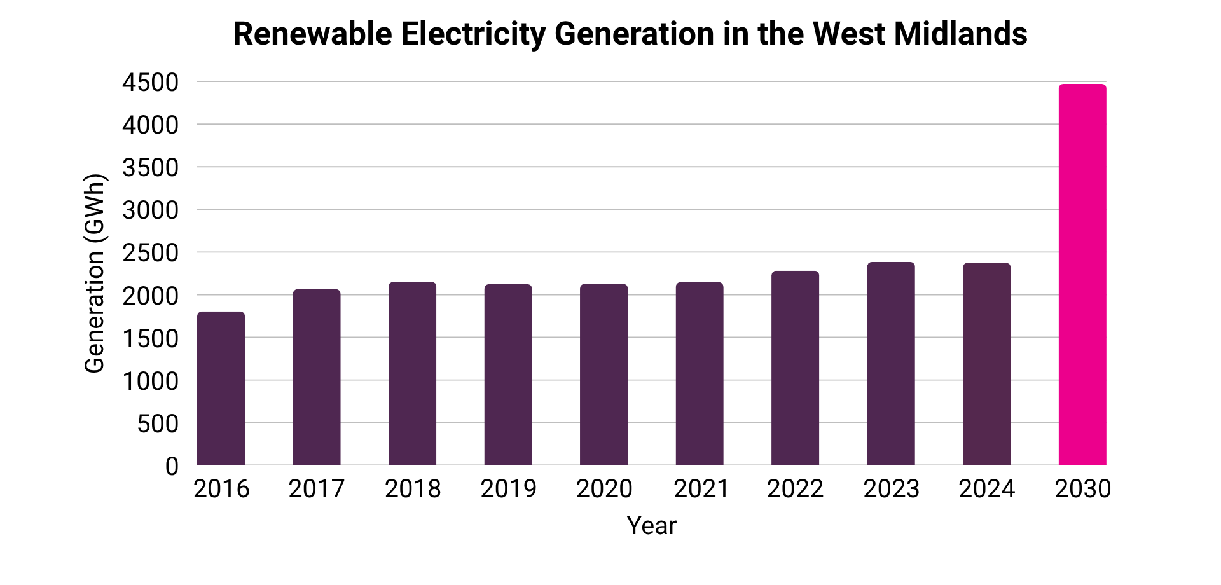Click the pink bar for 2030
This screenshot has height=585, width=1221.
1082,275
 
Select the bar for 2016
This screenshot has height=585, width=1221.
221,389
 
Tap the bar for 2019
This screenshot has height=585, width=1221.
508,375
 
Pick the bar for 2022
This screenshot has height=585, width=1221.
795,368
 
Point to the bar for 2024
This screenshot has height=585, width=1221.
986,364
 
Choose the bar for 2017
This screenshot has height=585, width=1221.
317,377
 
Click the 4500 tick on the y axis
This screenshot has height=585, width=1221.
151,83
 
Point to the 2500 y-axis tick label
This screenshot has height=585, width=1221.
151,253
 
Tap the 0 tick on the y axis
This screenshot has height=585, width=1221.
172,466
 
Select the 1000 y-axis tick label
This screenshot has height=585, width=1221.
151,381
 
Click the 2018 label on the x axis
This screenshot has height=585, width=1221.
413,488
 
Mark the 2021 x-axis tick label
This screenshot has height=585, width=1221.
700,488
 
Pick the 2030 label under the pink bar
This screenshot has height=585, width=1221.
1083,488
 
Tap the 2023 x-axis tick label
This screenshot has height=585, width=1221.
891,488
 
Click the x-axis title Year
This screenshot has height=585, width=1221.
652,526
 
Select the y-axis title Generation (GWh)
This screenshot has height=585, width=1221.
94,273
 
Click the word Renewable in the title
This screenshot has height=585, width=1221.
313,34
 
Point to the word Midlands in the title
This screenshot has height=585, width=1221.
961,34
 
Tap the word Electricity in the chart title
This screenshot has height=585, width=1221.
473,35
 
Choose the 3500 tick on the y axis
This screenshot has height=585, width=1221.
151,168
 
